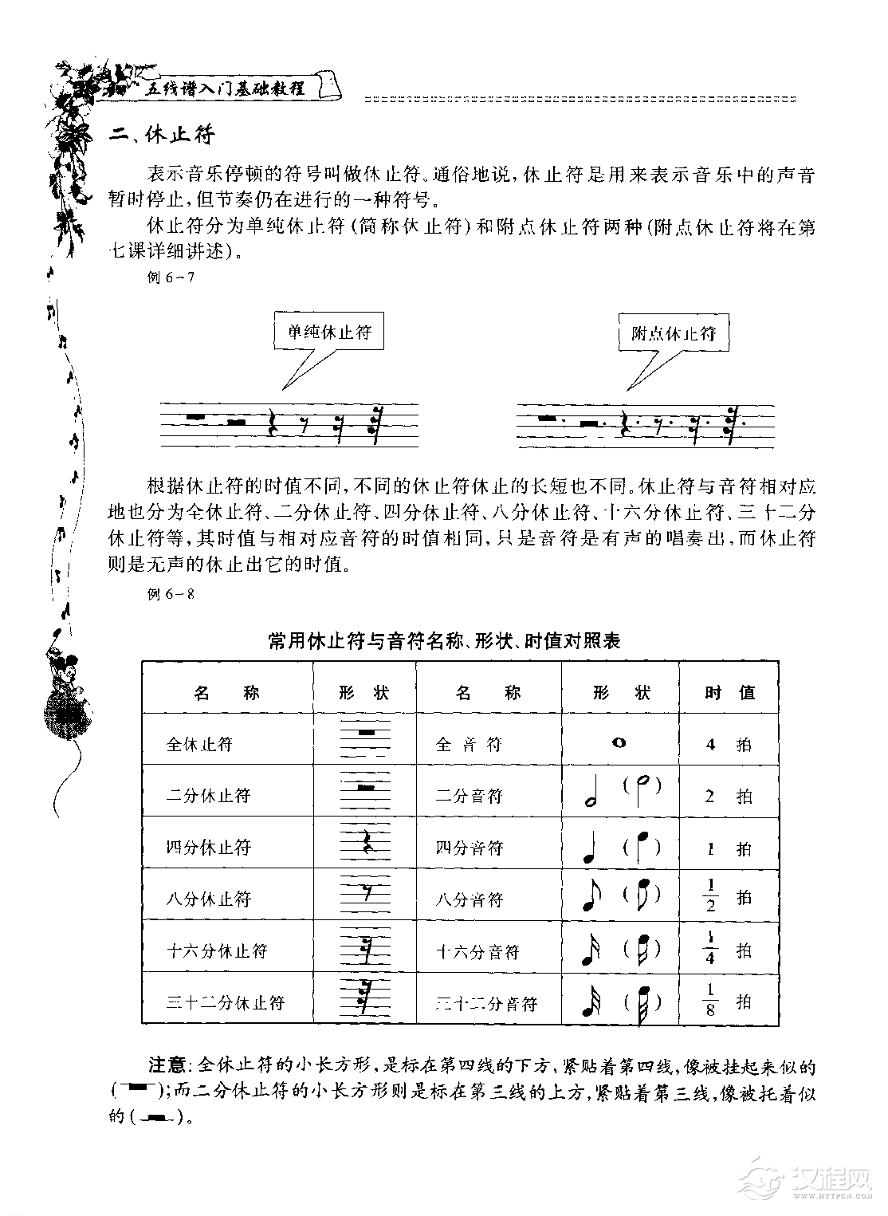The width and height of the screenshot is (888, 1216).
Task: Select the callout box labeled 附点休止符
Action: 674,333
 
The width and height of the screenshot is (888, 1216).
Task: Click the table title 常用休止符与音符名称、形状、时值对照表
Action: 444,640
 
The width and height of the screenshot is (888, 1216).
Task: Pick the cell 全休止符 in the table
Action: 199,744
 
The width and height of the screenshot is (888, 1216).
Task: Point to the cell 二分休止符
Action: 208,795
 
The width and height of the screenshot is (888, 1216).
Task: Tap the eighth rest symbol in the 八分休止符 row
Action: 366,894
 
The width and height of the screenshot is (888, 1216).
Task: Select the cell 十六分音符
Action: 477,950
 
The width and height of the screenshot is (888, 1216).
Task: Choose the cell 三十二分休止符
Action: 225,1002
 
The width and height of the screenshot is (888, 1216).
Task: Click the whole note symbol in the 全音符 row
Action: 619,743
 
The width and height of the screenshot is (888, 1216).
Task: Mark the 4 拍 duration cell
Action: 728,745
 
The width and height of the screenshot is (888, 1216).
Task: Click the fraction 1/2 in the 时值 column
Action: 710,895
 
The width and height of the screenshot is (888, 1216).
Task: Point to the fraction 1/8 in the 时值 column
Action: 710,1000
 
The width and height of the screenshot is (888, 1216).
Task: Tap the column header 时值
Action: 729,692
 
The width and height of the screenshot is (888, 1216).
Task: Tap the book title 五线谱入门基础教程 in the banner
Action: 228,88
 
